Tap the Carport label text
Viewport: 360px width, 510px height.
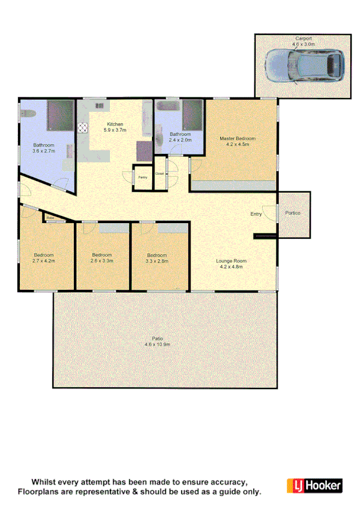click(303, 38)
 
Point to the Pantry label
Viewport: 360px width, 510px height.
click(142, 177)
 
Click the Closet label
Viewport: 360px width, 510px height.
click(159, 174)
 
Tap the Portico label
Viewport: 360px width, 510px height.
click(294, 214)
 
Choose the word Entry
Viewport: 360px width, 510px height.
click(256, 214)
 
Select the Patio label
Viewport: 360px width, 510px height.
click(158, 338)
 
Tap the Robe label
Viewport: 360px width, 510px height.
click(50, 218)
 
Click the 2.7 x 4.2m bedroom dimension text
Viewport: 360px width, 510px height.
click(43, 261)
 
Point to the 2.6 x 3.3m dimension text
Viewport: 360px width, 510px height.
click(102, 261)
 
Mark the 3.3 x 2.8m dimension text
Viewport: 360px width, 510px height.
click(157, 261)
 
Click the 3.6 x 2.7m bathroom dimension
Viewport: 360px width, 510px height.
click(43, 152)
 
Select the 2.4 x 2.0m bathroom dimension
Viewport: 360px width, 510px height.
click(180, 140)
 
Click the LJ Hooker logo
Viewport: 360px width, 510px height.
click(314, 485)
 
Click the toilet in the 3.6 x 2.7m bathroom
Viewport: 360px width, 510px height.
click(25, 114)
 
